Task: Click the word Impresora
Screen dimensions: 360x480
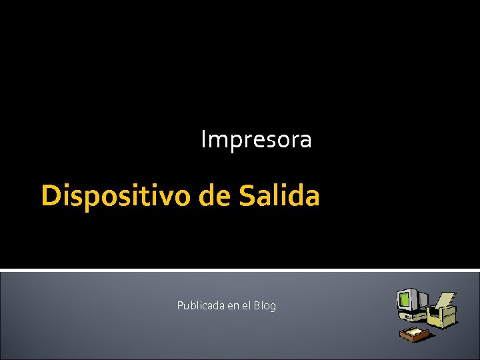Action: pos(256,140)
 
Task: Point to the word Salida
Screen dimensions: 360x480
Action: pos(279,196)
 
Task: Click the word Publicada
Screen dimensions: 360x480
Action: pos(201,305)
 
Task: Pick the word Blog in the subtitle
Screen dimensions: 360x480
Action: pos(264,305)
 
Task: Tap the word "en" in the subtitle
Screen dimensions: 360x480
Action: pos(233,306)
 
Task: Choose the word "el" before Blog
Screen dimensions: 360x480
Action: pos(246,305)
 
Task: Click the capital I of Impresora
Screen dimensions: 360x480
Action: pos(204,140)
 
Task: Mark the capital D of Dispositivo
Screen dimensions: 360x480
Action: pos(49,196)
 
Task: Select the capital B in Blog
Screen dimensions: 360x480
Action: pos(257,305)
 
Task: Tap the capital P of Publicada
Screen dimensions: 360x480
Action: pos(180,305)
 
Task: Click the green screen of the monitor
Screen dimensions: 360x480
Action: pos(405,299)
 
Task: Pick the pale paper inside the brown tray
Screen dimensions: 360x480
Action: pos(416,331)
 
